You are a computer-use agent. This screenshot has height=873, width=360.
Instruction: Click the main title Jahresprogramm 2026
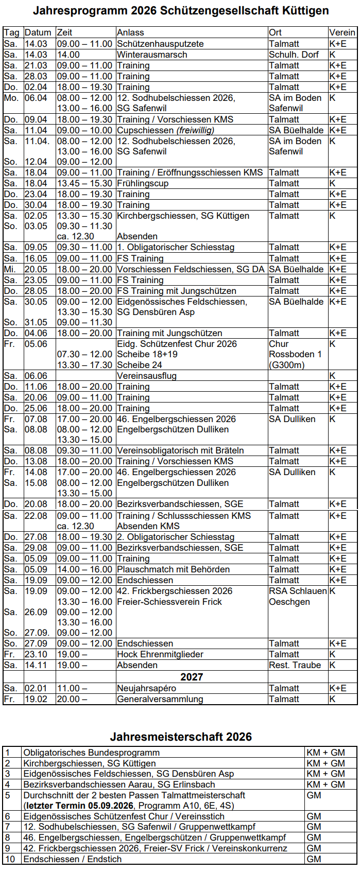pos(180,11)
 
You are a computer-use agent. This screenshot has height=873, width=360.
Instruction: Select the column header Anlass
pos(130,32)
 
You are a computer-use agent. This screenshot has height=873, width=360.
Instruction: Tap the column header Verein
pos(342,32)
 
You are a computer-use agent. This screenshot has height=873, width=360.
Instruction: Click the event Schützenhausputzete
pos(160,44)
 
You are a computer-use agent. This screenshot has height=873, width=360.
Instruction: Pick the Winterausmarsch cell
pos(152,55)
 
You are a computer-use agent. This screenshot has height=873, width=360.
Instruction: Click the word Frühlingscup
pos(143,183)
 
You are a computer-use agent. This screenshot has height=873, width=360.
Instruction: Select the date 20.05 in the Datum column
pos(36,269)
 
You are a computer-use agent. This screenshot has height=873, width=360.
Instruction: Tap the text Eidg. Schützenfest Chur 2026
pos(177,344)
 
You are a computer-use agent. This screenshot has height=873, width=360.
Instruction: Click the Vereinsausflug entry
pos(146,376)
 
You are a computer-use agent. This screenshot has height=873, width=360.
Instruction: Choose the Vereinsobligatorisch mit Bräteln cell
pos(180,450)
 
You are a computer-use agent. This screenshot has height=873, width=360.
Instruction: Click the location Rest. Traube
pos(295,665)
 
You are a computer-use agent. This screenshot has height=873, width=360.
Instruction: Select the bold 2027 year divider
pos(192,677)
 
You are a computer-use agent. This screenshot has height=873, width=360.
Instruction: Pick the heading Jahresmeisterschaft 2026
pos(181,737)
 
